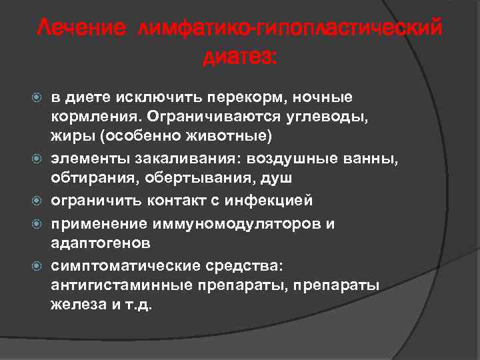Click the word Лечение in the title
click(x=81, y=29)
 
